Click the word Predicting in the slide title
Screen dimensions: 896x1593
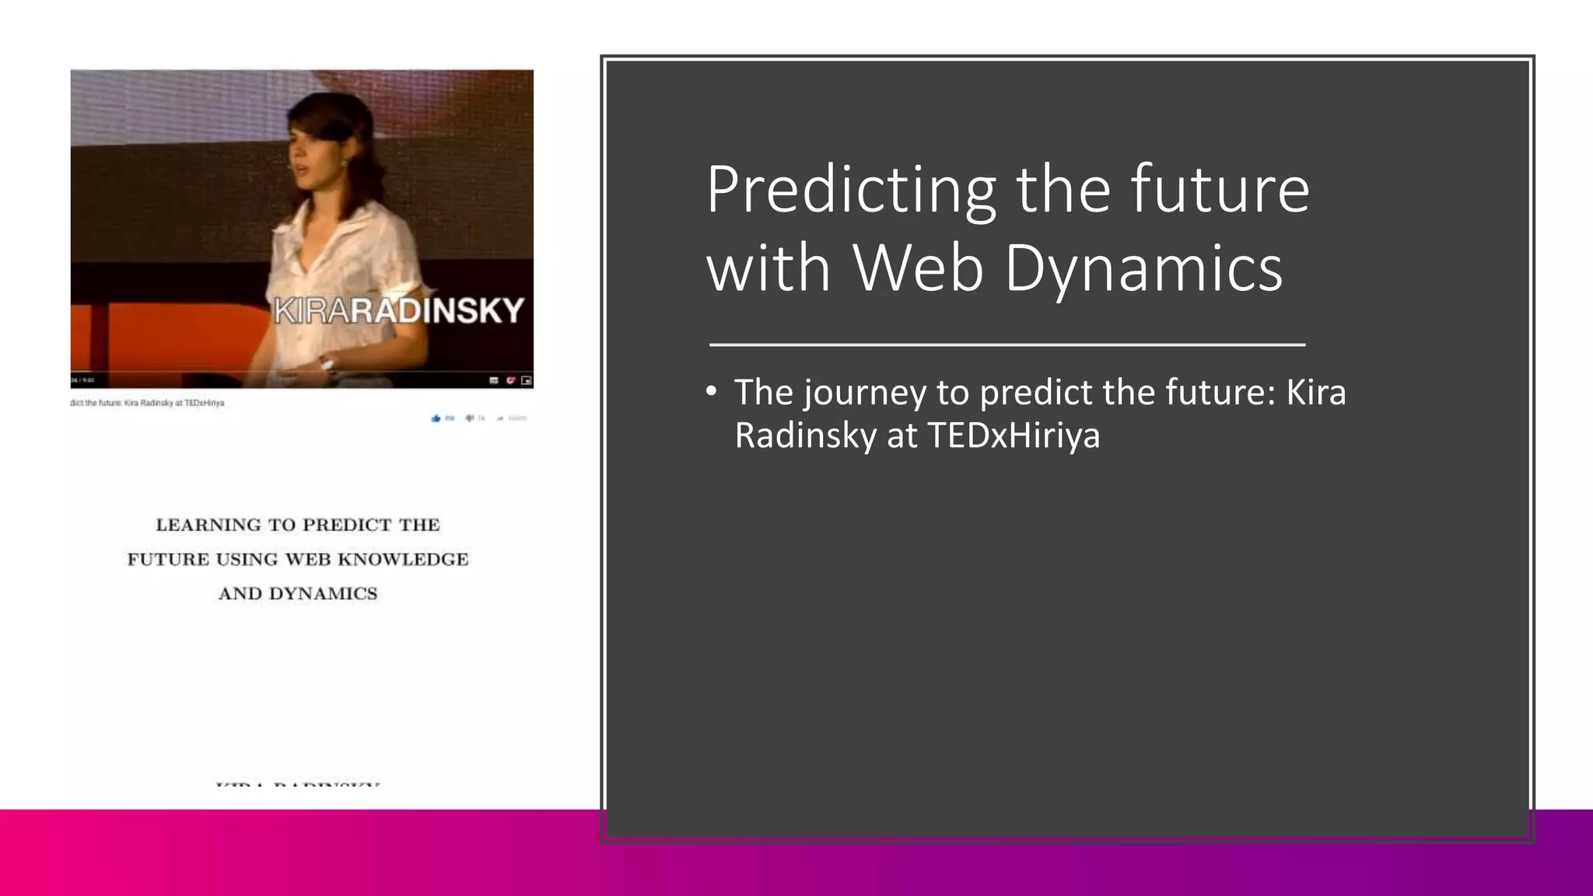pos(850,191)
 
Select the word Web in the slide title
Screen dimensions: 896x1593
pos(917,268)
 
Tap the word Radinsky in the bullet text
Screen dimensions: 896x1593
pos(805,436)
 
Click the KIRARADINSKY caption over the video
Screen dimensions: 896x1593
pos(399,311)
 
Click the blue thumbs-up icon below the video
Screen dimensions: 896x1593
pos(436,418)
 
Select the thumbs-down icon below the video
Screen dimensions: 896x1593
pos(470,418)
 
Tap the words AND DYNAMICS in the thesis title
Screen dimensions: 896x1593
pos(297,593)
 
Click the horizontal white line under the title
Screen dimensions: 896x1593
pos(1007,344)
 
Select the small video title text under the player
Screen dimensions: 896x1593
pos(148,403)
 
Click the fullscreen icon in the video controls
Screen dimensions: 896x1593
pos(527,380)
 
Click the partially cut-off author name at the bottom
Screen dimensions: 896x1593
pos(297,784)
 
